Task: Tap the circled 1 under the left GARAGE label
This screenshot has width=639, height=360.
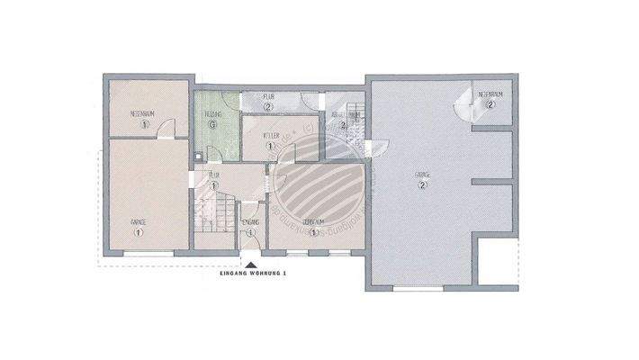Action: pyautogui.click(x=139, y=232)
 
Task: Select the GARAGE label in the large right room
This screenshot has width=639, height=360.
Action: pyautogui.click(x=422, y=175)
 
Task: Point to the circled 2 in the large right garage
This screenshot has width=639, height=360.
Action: pyautogui.click(x=422, y=185)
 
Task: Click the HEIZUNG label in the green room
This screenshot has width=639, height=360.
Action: pyautogui.click(x=213, y=115)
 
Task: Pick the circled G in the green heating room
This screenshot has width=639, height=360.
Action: pyautogui.click(x=213, y=126)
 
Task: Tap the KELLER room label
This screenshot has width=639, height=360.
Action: pyautogui.click(x=268, y=135)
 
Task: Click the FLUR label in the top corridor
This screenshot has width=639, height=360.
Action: pyautogui.click(x=268, y=95)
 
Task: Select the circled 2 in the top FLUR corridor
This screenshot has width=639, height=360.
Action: pyautogui.click(x=268, y=106)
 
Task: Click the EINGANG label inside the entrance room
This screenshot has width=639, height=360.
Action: pyautogui.click(x=251, y=221)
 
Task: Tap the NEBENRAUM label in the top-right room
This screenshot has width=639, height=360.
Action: pyautogui.click(x=490, y=94)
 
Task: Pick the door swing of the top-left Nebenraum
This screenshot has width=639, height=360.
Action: pyautogui.click(x=164, y=131)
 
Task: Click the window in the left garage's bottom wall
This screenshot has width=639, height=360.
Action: pyautogui.click(x=147, y=253)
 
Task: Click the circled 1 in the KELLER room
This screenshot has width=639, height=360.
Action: pyautogui.click(x=268, y=146)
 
